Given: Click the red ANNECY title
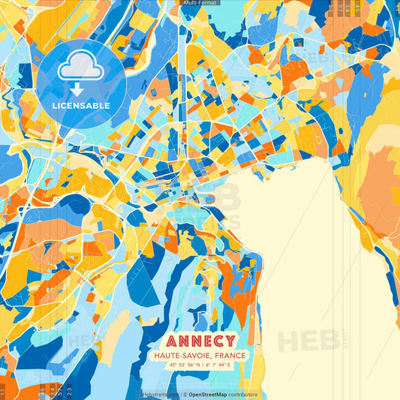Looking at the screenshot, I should [x=200, y=341].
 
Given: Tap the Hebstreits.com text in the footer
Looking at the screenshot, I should [x=160, y=394].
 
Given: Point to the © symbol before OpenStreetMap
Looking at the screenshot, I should [x=184, y=394].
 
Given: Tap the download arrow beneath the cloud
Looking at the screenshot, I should [x=77, y=89].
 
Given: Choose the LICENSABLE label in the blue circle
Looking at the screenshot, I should [x=81, y=106].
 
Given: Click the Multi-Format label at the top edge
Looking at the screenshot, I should [x=200, y=3].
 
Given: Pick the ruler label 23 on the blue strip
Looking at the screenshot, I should [x=70, y=390].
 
